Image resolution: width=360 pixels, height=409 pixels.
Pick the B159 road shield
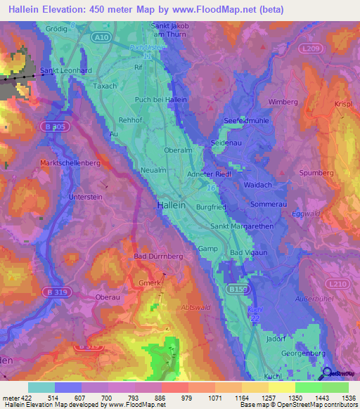238,288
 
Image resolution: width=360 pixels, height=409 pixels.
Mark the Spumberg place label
316,172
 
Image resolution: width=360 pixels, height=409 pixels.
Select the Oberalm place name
178,150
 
